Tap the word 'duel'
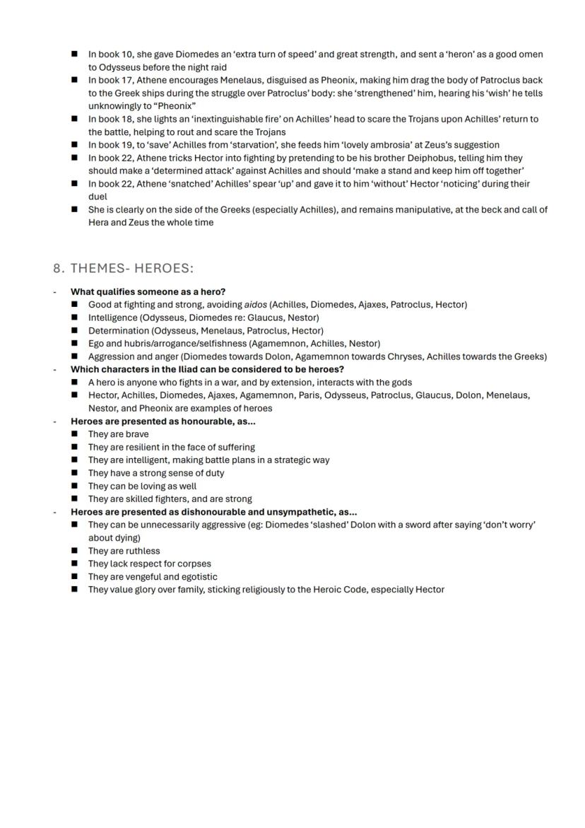point(97,197)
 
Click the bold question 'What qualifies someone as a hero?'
point(148,291)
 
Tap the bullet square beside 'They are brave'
point(74,434)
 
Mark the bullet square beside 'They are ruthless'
point(74,551)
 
